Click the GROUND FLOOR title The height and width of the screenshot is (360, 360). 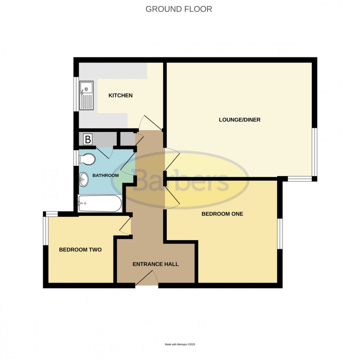(x=179, y=9)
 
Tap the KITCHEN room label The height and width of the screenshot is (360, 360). (x=120, y=95)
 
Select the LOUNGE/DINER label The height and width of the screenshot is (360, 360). (x=240, y=120)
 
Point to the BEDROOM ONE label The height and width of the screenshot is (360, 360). (x=222, y=214)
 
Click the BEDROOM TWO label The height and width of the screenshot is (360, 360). (x=80, y=250)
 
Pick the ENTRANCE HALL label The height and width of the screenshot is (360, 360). (x=156, y=264)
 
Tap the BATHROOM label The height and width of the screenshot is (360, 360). (x=106, y=175)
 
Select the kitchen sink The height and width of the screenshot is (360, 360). (x=86, y=95)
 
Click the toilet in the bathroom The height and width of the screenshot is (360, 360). (x=87, y=159)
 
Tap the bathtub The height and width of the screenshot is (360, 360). (x=100, y=203)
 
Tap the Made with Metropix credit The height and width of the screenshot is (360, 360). (x=180, y=344)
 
